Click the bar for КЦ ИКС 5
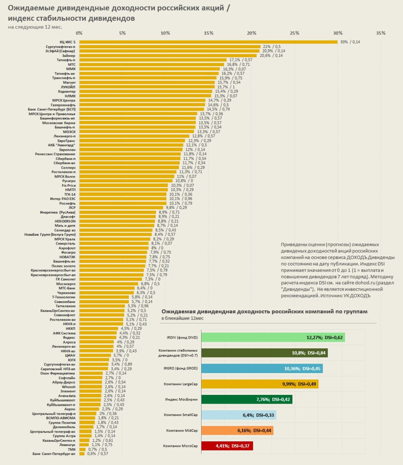tap(208, 42)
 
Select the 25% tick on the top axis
tap(295, 33)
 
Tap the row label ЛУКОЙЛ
tap(68, 87)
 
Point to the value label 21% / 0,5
tap(272, 46)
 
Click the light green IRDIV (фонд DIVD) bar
tap(273, 337)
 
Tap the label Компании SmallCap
tap(181, 415)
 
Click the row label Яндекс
tap(69, 337)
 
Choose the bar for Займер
tap(168, 56)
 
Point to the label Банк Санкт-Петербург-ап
tap(54, 454)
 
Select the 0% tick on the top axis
tap(79, 33)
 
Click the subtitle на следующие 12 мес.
tap(35, 27)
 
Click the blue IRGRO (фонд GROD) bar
tap(262, 368)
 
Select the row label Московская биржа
tap(59, 123)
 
